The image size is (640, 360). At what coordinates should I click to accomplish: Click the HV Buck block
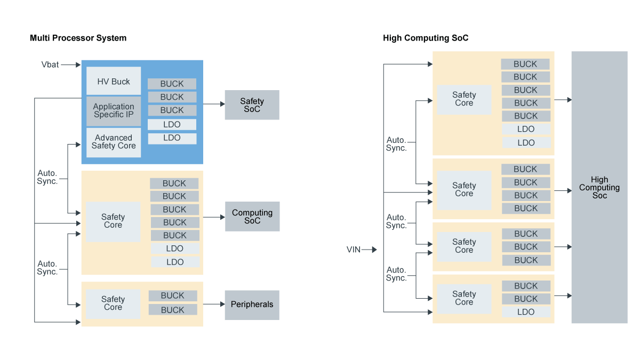click(114, 82)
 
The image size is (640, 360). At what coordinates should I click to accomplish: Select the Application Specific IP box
click(114, 111)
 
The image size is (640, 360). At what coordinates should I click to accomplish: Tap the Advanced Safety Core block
click(114, 142)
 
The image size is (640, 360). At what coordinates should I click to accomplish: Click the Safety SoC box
click(252, 105)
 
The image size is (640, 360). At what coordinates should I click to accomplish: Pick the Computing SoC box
click(252, 217)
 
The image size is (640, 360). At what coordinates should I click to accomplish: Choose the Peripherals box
click(252, 305)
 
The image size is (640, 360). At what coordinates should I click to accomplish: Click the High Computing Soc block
click(599, 188)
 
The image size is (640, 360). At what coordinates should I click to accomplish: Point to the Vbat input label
click(50, 65)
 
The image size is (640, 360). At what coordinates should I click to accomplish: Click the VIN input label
click(354, 250)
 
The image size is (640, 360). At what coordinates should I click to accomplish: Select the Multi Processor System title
click(78, 38)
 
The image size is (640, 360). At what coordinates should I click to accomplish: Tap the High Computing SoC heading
click(426, 38)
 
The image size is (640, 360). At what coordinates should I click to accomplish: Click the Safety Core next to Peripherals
click(113, 303)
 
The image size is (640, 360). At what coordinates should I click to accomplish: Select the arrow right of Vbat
click(68, 65)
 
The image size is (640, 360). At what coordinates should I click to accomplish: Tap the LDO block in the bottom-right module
click(526, 312)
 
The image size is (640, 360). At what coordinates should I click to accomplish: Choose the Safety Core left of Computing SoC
click(113, 221)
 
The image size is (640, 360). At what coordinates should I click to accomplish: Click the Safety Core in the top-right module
click(464, 99)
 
